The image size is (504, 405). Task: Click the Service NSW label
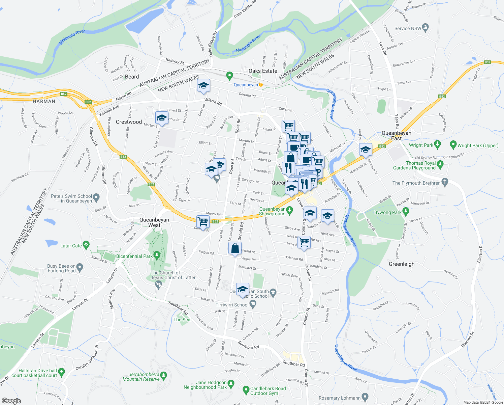coord(408,28)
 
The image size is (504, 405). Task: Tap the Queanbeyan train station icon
coord(261,85)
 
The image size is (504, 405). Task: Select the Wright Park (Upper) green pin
coord(453,145)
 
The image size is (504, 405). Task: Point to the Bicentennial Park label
coord(134,256)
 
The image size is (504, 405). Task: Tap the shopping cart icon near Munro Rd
coord(203,222)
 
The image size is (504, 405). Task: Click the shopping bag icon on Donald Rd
coord(235,249)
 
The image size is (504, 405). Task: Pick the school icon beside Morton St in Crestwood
coord(162,118)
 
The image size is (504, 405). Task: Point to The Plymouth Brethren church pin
coord(445,183)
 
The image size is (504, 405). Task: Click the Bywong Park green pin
coord(406,212)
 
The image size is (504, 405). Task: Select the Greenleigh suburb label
coord(402,264)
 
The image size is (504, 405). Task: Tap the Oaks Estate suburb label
coord(263,71)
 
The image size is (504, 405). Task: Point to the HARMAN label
coord(44,101)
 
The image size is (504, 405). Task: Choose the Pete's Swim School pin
coord(96,197)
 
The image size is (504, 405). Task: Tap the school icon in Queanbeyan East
coord(365,150)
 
